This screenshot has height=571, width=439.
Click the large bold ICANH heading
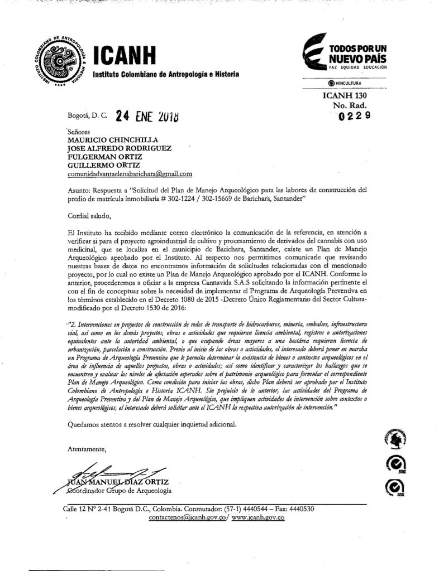pyautogui.click(x=127, y=57)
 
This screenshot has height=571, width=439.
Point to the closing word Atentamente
pyautogui.click(x=86, y=448)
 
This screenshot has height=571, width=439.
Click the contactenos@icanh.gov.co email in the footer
pyautogui.click(x=188, y=518)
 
